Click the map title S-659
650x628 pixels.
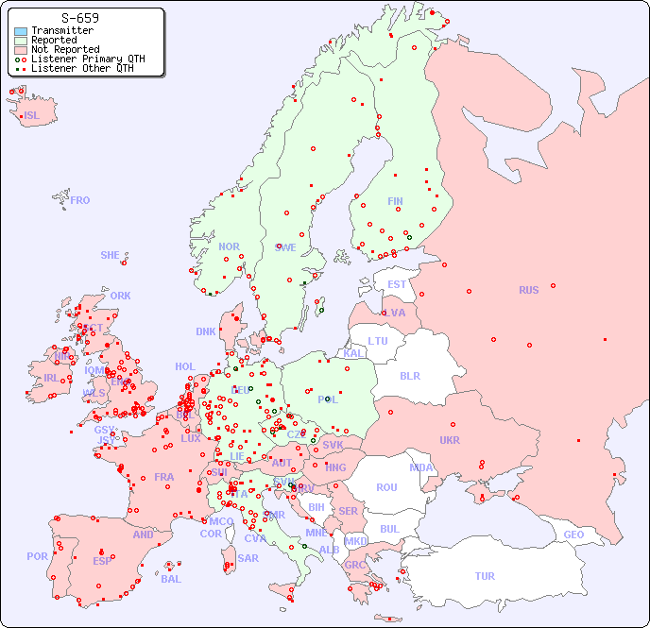(79, 18)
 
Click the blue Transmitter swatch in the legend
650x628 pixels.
(21, 31)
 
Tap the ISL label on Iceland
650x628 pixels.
(32, 116)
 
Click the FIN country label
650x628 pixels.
(395, 201)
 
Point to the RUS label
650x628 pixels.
(528, 290)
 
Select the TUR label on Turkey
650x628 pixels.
(485, 576)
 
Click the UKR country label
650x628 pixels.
(450, 440)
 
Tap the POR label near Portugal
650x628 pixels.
(37, 556)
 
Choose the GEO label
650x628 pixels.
(573, 535)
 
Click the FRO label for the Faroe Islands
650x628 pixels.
(80, 200)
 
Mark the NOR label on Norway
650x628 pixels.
(229, 246)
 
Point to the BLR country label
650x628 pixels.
(409, 375)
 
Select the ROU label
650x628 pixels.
(386, 487)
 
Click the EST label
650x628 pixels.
(397, 284)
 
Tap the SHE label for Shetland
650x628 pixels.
(111, 255)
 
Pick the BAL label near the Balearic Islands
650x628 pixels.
(170, 579)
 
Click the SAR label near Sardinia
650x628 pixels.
(248, 558)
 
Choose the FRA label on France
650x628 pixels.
(164, 477)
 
